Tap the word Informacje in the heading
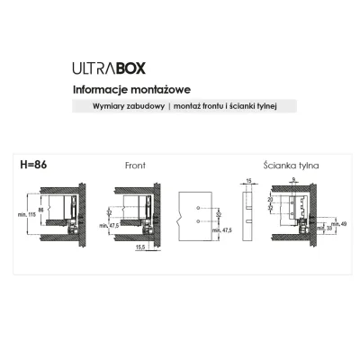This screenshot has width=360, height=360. coord(98,89)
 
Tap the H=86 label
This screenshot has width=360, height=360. coord(33,166)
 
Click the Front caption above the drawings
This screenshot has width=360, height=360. coord(133,166)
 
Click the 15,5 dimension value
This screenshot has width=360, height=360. coord(140,246)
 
